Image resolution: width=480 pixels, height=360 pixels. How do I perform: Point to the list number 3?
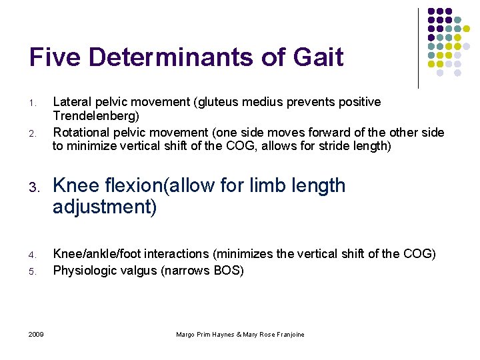pyautogui.click(x=33, y=187)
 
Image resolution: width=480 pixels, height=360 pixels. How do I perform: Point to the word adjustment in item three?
pyautogui.click(x=105, y=207)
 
